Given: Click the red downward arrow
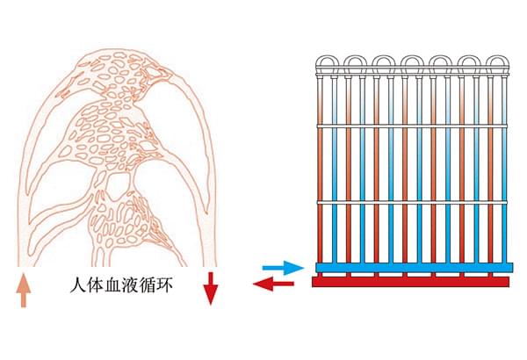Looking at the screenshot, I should pos(209,288).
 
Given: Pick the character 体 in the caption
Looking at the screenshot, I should pos(96,286).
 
